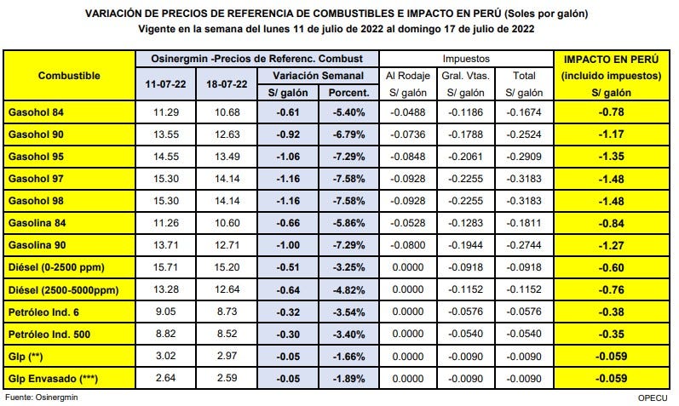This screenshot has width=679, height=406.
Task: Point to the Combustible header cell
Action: [x=70, y=76]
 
